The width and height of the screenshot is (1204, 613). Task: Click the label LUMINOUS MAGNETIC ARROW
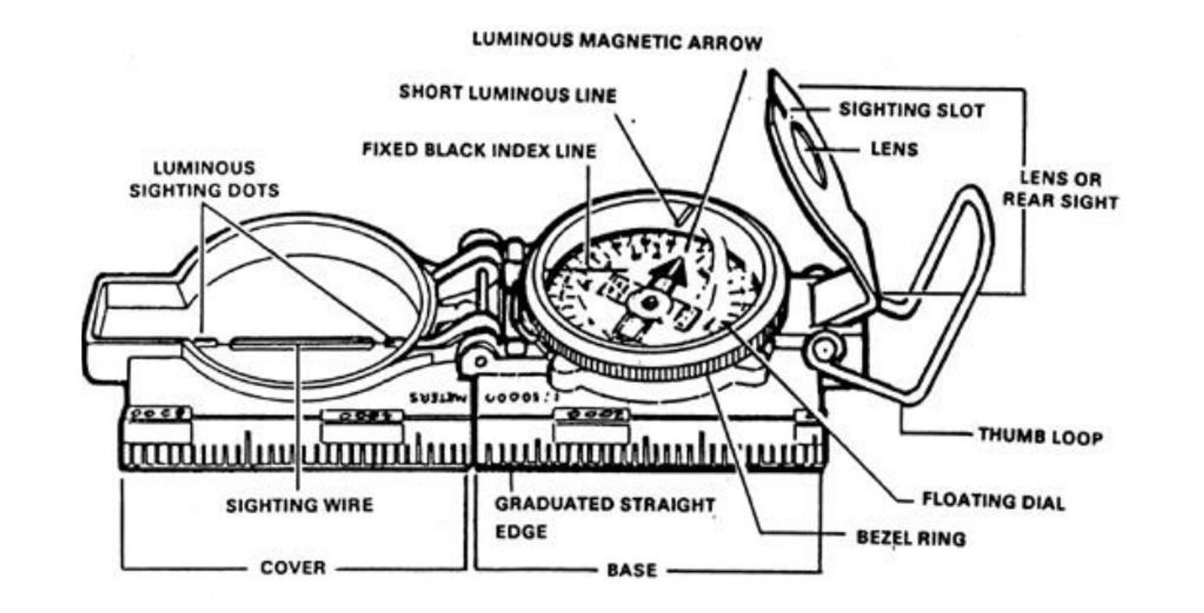pyautogui.click(x=617, y=42)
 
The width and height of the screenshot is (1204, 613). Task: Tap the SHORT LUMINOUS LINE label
pyautogui.click(x=508, y=94)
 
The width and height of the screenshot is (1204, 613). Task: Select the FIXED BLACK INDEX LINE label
pyautogui.click(x=479, y=150)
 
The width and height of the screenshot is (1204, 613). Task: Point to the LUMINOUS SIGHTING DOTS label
pyautogui.click(x=204, y=179)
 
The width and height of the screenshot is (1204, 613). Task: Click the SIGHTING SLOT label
pyautogui.click(x=911, y=110)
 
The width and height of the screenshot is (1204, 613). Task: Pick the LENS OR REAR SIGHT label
pyautogui.click(x=1060, y=190)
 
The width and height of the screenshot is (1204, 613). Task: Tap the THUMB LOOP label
pyautogui.click(x=1040, y=436)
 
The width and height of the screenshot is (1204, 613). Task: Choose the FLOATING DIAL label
pyautogui.click(x=993, y=501)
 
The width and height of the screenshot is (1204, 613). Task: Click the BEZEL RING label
pyautogui.click(x=910, y=538)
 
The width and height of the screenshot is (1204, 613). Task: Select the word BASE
pyautogui.click(x=631, y=570)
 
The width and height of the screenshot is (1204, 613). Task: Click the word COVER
pyautogui.click(x=293, y=568)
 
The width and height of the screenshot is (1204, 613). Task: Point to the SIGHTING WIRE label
pyautogui.click(x=299, y=505)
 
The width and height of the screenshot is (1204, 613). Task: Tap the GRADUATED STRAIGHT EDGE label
pyautogui.click(x=604, y=517)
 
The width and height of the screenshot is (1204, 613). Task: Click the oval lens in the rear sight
pyautogui.click(x=809, y=153)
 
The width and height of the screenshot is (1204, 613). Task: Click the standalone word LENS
pyautogui.click(x=894, y=149)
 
